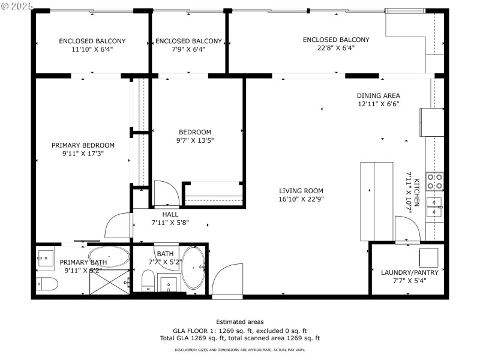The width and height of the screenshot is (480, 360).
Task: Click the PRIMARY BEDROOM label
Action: (83, 145)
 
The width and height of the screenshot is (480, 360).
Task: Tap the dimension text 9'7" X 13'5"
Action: (195, 140)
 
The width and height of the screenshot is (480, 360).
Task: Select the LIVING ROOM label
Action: (301, 191)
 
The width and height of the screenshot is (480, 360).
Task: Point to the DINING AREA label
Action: (378, 95)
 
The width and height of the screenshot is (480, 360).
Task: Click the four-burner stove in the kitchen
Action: (434, 181)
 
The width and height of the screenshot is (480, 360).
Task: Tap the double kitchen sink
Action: (434, 206)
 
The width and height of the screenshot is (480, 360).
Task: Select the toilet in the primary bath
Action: (44, 284)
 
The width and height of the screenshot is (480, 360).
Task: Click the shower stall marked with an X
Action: (109, 281)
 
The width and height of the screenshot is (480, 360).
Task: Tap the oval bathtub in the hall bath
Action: (193, 268)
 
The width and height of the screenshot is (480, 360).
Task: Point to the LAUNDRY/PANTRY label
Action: (410, 272)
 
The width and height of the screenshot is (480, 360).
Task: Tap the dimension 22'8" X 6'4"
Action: (336, 48)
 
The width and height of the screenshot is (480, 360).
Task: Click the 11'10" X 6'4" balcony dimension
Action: (92, 49)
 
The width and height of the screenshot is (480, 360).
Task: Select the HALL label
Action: (170, 214)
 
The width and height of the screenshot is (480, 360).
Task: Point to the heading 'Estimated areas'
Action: (240, 322)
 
